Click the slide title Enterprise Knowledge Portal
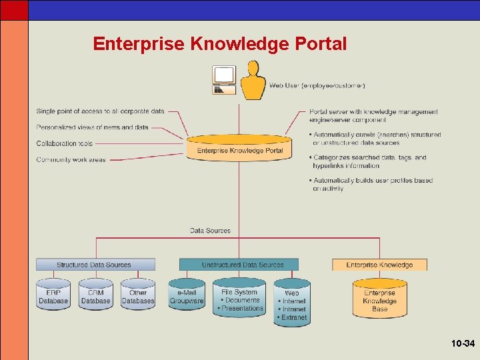219,44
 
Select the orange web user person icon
253,81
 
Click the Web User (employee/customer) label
317,85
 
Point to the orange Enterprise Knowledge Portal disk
239,149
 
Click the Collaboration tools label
65,143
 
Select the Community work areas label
71,159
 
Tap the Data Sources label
210,231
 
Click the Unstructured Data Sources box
243,265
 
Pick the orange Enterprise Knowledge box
379,265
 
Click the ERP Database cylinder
53,296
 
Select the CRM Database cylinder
95,296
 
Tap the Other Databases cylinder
138,296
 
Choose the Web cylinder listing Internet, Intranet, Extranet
292,304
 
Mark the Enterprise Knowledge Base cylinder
379,300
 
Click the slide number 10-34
462,344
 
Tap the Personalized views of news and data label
92,127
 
